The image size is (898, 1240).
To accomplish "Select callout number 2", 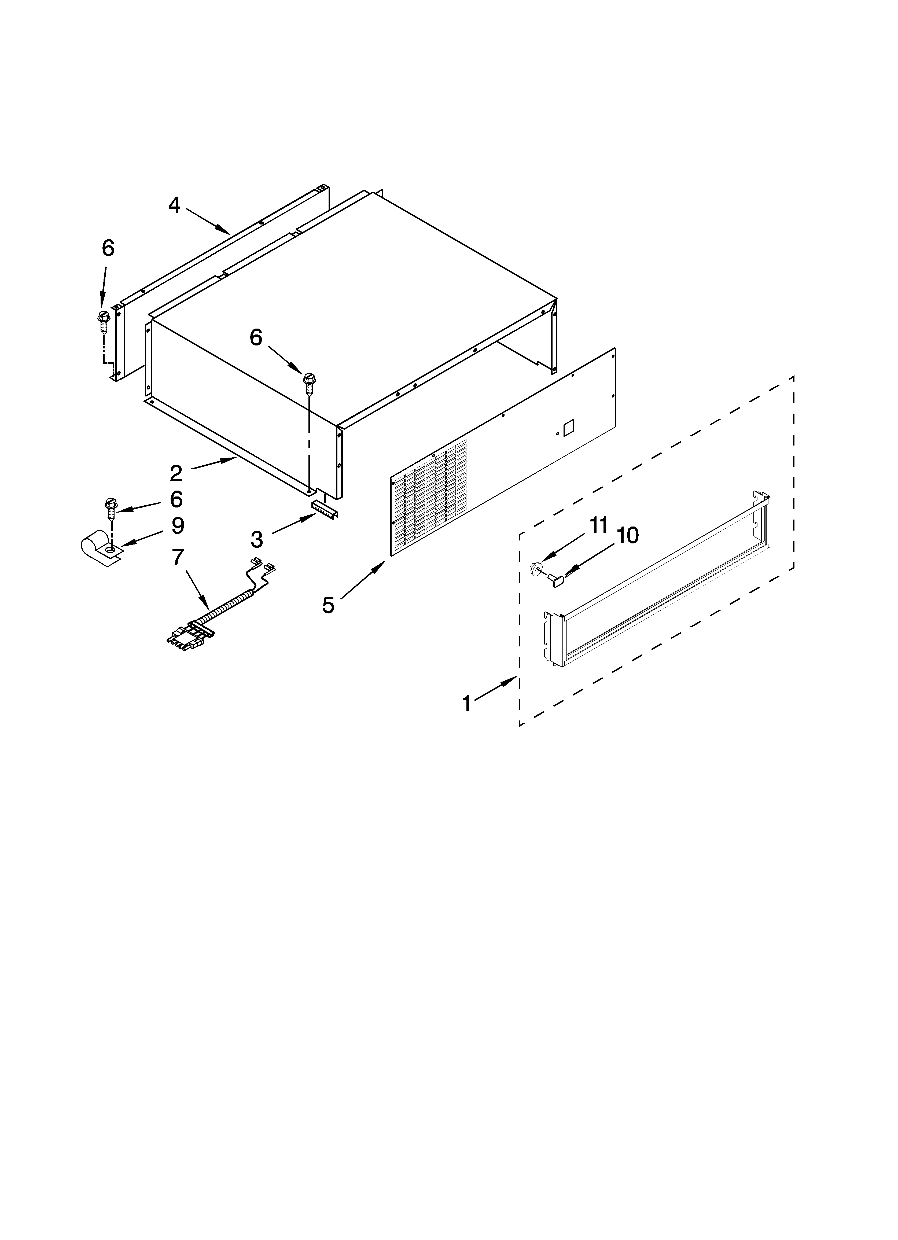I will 176,473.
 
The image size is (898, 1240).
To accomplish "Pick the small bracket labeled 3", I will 325,509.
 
